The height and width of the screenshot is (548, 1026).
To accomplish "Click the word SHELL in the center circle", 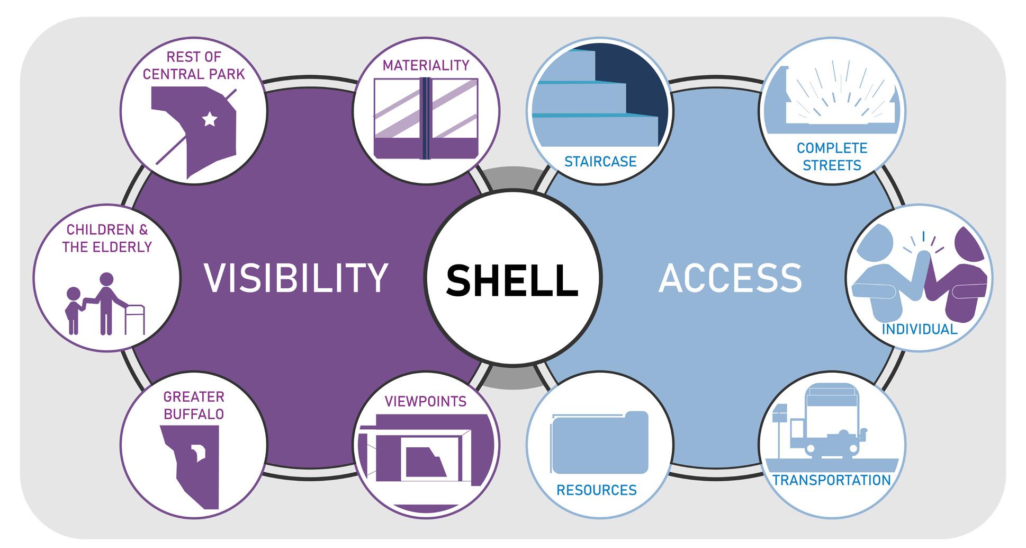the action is click(512, 280).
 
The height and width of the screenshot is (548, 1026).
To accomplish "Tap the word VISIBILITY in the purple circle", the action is click(296, 278).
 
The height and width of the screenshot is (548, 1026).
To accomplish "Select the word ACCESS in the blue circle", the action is click(731, 278).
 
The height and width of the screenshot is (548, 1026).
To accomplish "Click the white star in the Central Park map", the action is click(210, 119).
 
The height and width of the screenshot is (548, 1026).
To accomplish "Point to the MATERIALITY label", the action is click(426, 65).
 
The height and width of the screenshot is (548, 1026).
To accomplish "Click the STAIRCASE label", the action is click(600, 161).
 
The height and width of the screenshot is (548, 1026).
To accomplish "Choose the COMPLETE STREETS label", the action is click(832, 156).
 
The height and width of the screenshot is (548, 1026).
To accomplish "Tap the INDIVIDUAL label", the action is click(919, 329).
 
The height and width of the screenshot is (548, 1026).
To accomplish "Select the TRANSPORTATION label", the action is click(832, 480).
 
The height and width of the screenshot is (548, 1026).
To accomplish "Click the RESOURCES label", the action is click(597, 490).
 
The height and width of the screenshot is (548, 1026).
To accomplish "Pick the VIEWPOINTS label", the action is click(426, 401).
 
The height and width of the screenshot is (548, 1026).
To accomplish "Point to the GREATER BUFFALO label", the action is click(194, 405).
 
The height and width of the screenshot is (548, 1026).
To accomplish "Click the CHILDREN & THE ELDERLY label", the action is click(107, 238).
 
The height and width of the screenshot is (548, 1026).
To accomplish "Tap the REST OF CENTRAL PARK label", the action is click(194, 65).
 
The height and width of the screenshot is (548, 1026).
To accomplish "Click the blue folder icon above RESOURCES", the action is click(600, 443).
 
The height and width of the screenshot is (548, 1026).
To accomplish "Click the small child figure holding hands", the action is click(73, 310).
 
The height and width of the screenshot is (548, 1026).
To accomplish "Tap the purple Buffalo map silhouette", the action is click(193, 466).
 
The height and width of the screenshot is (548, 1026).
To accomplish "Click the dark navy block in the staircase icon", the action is click(630, 79).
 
